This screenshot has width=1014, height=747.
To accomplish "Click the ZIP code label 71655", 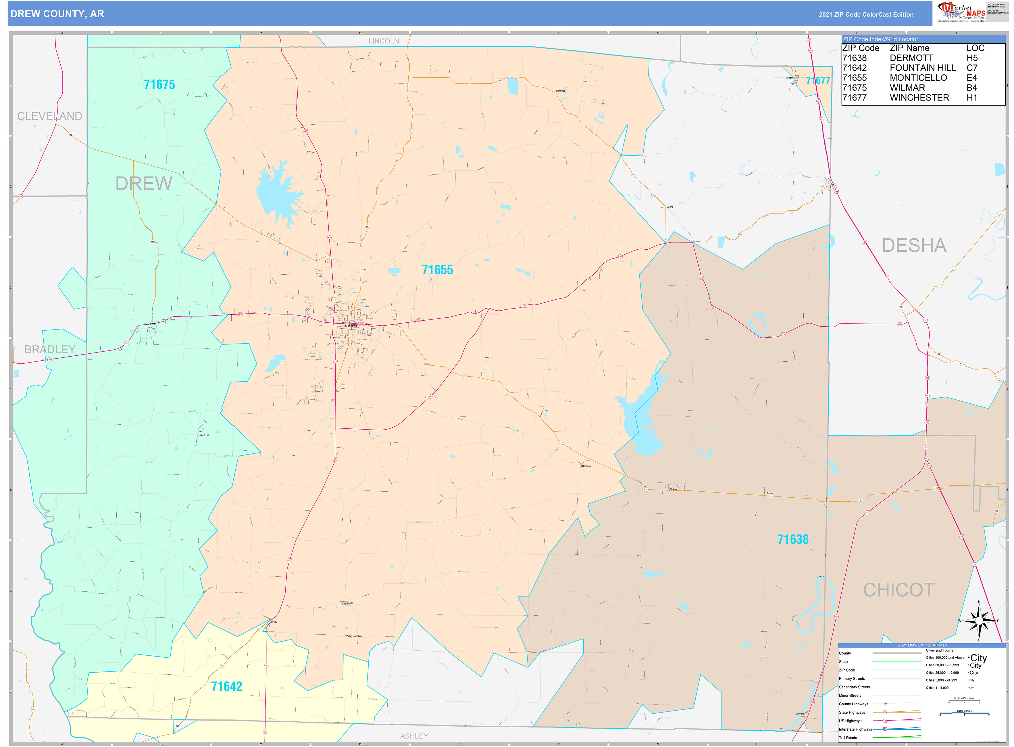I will tap(437, 270).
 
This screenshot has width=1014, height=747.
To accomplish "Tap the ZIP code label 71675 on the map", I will tap(159, 84).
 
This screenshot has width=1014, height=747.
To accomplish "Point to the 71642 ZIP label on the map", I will tap(227, 686).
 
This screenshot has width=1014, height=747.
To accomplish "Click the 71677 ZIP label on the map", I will tap(818, 81).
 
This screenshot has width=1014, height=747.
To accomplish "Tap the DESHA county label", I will tap(914, 246).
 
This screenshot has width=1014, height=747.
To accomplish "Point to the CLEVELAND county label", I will tap(50, 116).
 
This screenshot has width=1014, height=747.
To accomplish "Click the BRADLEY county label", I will tap(50, 350).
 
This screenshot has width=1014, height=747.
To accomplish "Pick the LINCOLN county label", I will tap(384, 41).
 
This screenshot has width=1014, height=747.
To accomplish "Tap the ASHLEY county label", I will tap(414, 736).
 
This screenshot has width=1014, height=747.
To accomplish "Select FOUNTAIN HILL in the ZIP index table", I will tap(923, 68).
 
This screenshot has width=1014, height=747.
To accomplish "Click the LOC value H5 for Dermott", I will tap(972, 58).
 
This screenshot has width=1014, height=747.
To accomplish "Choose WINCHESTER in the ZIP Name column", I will tap(919, 98).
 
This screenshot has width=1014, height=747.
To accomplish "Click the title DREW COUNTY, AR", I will tap(57, 14).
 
